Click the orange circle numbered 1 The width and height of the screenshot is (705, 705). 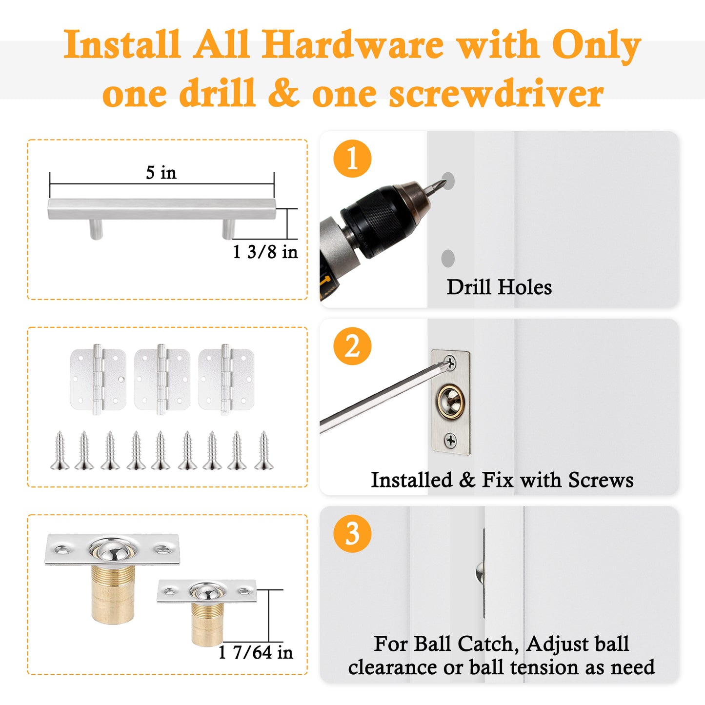coord(352,159)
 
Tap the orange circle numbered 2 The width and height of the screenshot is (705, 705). coord(352,346)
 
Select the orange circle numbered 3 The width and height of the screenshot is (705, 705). coord(352,533)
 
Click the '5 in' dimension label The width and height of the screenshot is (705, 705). coord(161,173)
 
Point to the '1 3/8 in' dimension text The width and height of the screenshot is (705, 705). coord(265,252)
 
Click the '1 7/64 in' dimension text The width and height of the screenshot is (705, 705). coord(256,652)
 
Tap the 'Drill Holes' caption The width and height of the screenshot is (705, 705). coord(499,287)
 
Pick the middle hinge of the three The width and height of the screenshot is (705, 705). coord(162,380)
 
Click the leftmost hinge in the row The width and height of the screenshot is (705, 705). coord(98,380)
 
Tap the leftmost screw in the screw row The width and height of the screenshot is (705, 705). coord(60,450)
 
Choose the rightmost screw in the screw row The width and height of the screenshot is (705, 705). coord(264,450)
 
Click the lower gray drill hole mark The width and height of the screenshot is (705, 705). coord(448,258)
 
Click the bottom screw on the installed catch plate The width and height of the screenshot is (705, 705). coord(451,440)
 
